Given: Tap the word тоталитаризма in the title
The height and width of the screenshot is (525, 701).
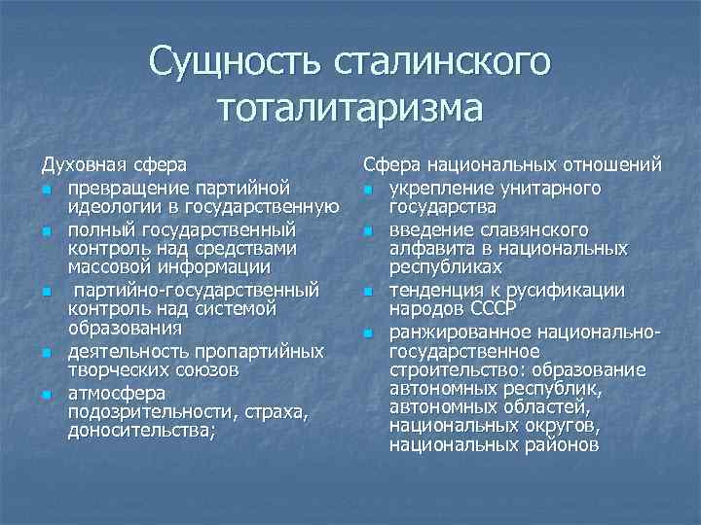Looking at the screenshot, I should (x=350, y=107).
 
